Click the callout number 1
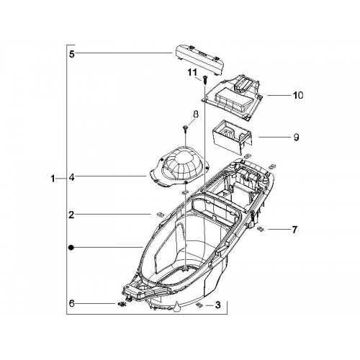click(53, 179)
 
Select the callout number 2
click(71, 215)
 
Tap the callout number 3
click(217, 305)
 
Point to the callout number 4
click(72, 178)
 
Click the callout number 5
click(72, 54)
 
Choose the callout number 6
click(72, 304)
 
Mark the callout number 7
click(294, 230)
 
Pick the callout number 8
click(196, 114)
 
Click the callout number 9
click(296, 138)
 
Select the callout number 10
click(298, 95)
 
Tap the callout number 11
click(192, 72)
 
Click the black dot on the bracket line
click(71, 248)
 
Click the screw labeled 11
click(204, 79)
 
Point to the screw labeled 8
click(186, 129)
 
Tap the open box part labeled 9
click(232, 137)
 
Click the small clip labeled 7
click(261, 229)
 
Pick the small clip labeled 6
click(122, 305)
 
